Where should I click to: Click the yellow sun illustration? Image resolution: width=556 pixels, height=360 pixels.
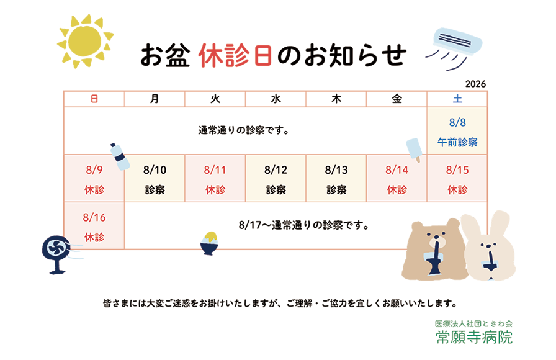(85, 41)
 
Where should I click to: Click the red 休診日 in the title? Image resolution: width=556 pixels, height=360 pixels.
(235, 55)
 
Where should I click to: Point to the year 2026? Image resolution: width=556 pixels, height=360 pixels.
(475, 84)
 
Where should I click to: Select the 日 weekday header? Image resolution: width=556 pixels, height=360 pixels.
(94, 99)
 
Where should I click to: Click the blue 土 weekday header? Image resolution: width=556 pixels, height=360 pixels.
(457, 99)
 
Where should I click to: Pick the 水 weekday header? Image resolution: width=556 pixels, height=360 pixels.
(276, 99)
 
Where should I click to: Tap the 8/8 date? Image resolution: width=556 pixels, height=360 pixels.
(457, 122)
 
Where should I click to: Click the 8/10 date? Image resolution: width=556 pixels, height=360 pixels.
(155, 170)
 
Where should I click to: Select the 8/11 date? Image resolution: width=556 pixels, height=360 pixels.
(215, 170)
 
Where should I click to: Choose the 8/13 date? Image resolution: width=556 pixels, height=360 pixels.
(336, 170)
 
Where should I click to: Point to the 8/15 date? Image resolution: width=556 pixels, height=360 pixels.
(457, 170)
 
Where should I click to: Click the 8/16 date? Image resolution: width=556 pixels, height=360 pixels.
(94, 217)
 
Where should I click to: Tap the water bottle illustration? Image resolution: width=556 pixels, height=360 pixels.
(120, 156)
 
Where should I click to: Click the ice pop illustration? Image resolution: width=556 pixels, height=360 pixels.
(414, 150)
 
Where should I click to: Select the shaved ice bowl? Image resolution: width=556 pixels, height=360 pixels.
(210, 243)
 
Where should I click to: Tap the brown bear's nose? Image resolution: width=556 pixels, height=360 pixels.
(436, 240)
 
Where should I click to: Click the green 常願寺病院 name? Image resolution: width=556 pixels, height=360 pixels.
(474, 337)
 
